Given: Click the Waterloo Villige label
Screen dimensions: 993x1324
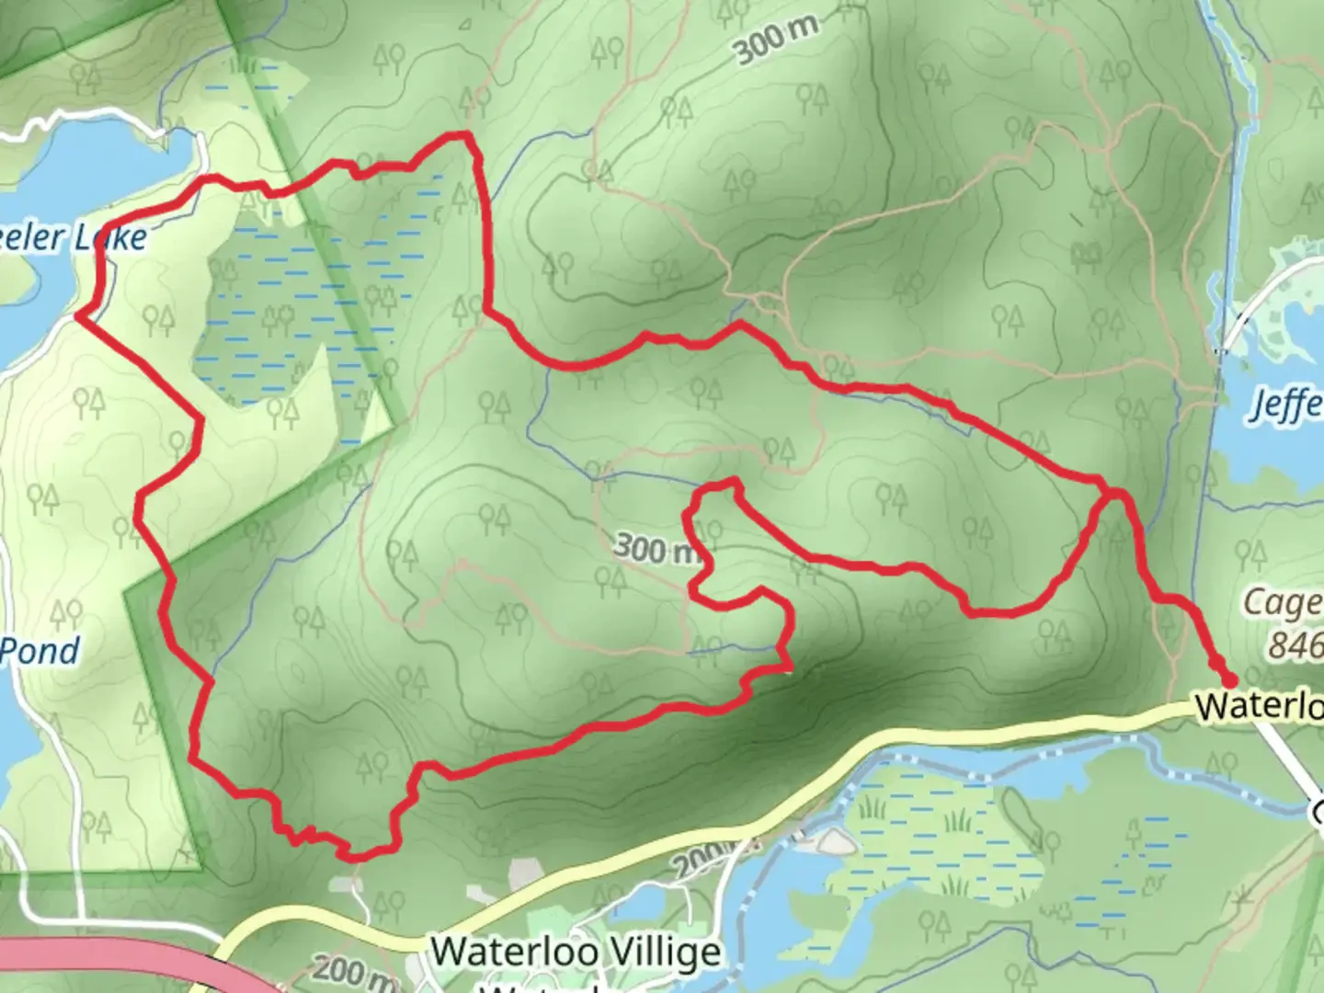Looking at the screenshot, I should (x=576, y=952).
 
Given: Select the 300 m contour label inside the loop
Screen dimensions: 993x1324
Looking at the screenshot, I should (x=656, y=549).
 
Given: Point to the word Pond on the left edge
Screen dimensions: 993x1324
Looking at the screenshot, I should (x=40, y=651).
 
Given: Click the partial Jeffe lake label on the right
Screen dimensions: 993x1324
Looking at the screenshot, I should (x=1285, y=405).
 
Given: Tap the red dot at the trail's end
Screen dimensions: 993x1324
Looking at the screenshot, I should (x=1228, y=679).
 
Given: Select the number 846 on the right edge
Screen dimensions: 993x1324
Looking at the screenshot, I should (x=1295, y=645).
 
